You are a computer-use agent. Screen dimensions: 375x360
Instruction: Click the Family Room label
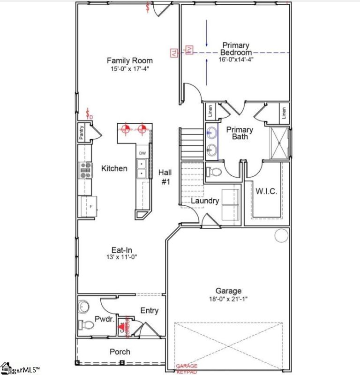click(x=129, y=60)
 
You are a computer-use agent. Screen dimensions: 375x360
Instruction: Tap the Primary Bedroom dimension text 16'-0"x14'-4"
click(x=236, y=60)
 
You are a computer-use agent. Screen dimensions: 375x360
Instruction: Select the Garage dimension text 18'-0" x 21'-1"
click(x=228, y=299)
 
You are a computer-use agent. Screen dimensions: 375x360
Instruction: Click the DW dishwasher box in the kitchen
click(x=142, y=153)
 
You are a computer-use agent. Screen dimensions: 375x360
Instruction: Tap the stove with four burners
click(x=85, y=170)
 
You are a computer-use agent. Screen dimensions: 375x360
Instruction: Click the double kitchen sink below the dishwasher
click(x=142, y=169)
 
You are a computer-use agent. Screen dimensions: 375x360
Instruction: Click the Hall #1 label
click(x=165, y=177)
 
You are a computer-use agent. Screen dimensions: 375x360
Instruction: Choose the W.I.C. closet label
click(x=266, y=191)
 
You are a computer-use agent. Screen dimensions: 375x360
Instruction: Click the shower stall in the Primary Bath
click(x=279, y=142)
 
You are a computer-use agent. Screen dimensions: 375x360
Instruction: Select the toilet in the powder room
click(x=86, y=324)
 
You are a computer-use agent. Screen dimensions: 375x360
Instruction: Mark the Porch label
click(x=120, y=352)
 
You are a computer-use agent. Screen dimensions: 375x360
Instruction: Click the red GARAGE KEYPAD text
click(x=187, y=369)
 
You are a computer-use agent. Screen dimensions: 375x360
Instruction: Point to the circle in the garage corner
click(x=281, y=236)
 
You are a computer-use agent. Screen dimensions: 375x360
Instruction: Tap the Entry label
click(x=149, y=310)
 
